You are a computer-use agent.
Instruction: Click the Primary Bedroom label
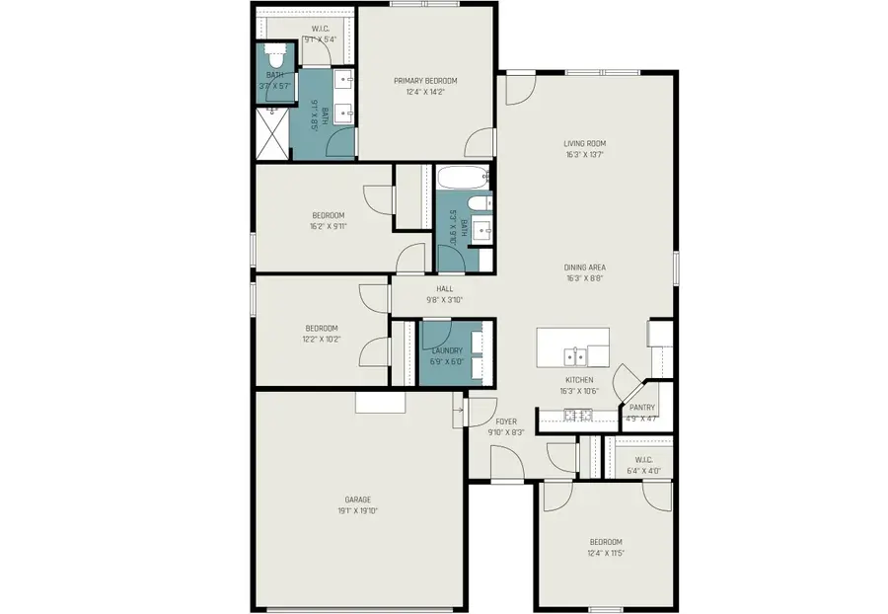425,81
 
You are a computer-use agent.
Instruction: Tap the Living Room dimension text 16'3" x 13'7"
584,155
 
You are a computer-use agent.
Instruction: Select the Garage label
357,499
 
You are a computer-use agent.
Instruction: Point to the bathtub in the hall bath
462,179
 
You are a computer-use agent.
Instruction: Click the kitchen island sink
572,355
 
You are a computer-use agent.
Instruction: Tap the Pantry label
642,407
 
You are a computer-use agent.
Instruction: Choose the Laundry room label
446,349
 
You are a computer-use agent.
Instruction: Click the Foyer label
506,422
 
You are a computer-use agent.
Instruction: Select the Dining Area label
584,268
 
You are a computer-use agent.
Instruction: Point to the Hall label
444,289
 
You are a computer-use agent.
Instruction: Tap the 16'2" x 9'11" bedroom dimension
329,226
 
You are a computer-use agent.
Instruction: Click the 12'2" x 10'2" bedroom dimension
321,339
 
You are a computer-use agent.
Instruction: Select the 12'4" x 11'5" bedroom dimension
606,552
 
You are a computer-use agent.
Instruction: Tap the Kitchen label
579,380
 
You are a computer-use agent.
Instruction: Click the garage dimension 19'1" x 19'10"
357,510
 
